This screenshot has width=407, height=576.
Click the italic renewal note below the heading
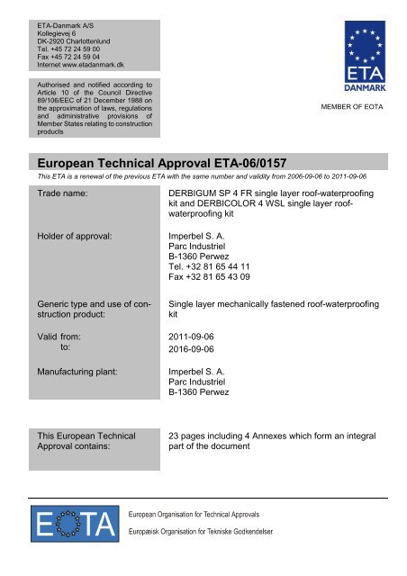[189, 178]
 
